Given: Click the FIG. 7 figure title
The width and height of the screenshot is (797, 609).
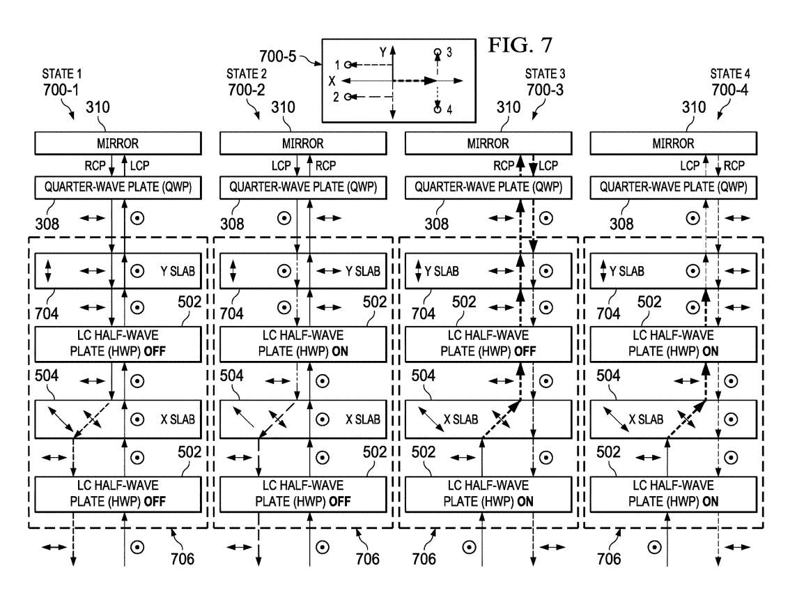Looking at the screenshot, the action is click(x=520, y=45).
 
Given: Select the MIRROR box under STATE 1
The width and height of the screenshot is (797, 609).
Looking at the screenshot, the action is click(x=118, y=144).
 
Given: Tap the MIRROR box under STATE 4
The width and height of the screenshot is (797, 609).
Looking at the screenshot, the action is click(x=673, y=144).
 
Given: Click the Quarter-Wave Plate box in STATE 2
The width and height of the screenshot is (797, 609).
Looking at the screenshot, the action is click(x=303, y=187).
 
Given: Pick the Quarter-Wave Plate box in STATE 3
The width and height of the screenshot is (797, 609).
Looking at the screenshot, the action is click(x=488, y=187).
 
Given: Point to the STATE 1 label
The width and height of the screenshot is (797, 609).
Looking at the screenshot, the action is click(x=61, y=74).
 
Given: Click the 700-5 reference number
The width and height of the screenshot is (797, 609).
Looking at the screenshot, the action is click(x=277, y=56).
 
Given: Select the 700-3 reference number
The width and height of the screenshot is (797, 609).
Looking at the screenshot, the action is click(x=545, y=90).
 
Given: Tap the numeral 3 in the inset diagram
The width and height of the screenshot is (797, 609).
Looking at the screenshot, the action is click(x=449, y=52).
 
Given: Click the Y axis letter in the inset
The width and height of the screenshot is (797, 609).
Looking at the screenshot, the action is click(x=383, y=52).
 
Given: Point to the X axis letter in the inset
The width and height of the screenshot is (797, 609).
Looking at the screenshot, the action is click(x=332, y=81).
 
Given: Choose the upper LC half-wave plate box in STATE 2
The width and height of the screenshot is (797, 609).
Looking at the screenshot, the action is click(x=303, y=344).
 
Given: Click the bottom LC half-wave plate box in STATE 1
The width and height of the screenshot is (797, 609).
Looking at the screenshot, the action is click(x=118, y=493).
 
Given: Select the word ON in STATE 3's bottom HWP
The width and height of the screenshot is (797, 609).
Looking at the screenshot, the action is click(x=525, y=502).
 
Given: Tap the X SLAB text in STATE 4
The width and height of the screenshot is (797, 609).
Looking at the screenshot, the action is click(x=646, y=419).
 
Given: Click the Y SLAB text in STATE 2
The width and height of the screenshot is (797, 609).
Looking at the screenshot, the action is click(x=363, y=272).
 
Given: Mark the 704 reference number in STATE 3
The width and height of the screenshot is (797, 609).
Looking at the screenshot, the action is click(x=424, y=314).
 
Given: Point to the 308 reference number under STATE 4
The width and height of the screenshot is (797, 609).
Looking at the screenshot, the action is click(x=621, y=224).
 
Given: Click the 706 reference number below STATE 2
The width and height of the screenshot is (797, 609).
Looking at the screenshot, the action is click(x=367, y=560).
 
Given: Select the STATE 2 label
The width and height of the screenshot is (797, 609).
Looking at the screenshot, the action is click(x=247, y=74).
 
